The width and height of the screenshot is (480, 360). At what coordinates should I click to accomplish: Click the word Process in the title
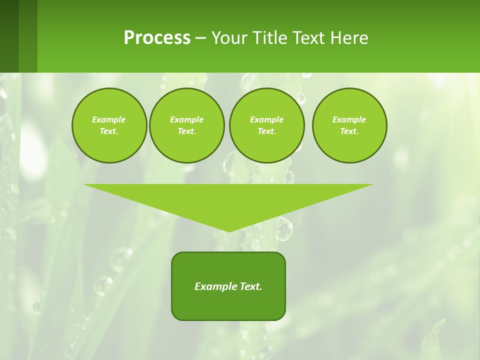point(157,38)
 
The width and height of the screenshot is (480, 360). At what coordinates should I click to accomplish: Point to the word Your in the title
point(229,38)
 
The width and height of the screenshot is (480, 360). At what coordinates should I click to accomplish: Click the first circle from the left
point(109,125)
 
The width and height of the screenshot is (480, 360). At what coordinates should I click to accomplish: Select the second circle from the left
point(186,125)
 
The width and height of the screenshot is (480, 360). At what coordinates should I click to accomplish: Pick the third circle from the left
point(266,125)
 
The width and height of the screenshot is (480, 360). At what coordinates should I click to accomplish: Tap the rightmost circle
point(349,125)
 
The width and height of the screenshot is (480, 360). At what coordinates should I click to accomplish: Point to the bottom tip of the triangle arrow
point(229,231)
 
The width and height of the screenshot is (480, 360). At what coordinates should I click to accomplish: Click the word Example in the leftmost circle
point(109,119)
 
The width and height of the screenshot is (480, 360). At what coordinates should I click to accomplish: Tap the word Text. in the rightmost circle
point(349,131)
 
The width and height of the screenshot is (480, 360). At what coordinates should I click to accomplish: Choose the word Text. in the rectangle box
point(251,286)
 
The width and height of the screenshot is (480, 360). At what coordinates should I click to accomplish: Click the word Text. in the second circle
point(186,131)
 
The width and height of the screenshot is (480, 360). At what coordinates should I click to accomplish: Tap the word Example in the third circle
point(266,119)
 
